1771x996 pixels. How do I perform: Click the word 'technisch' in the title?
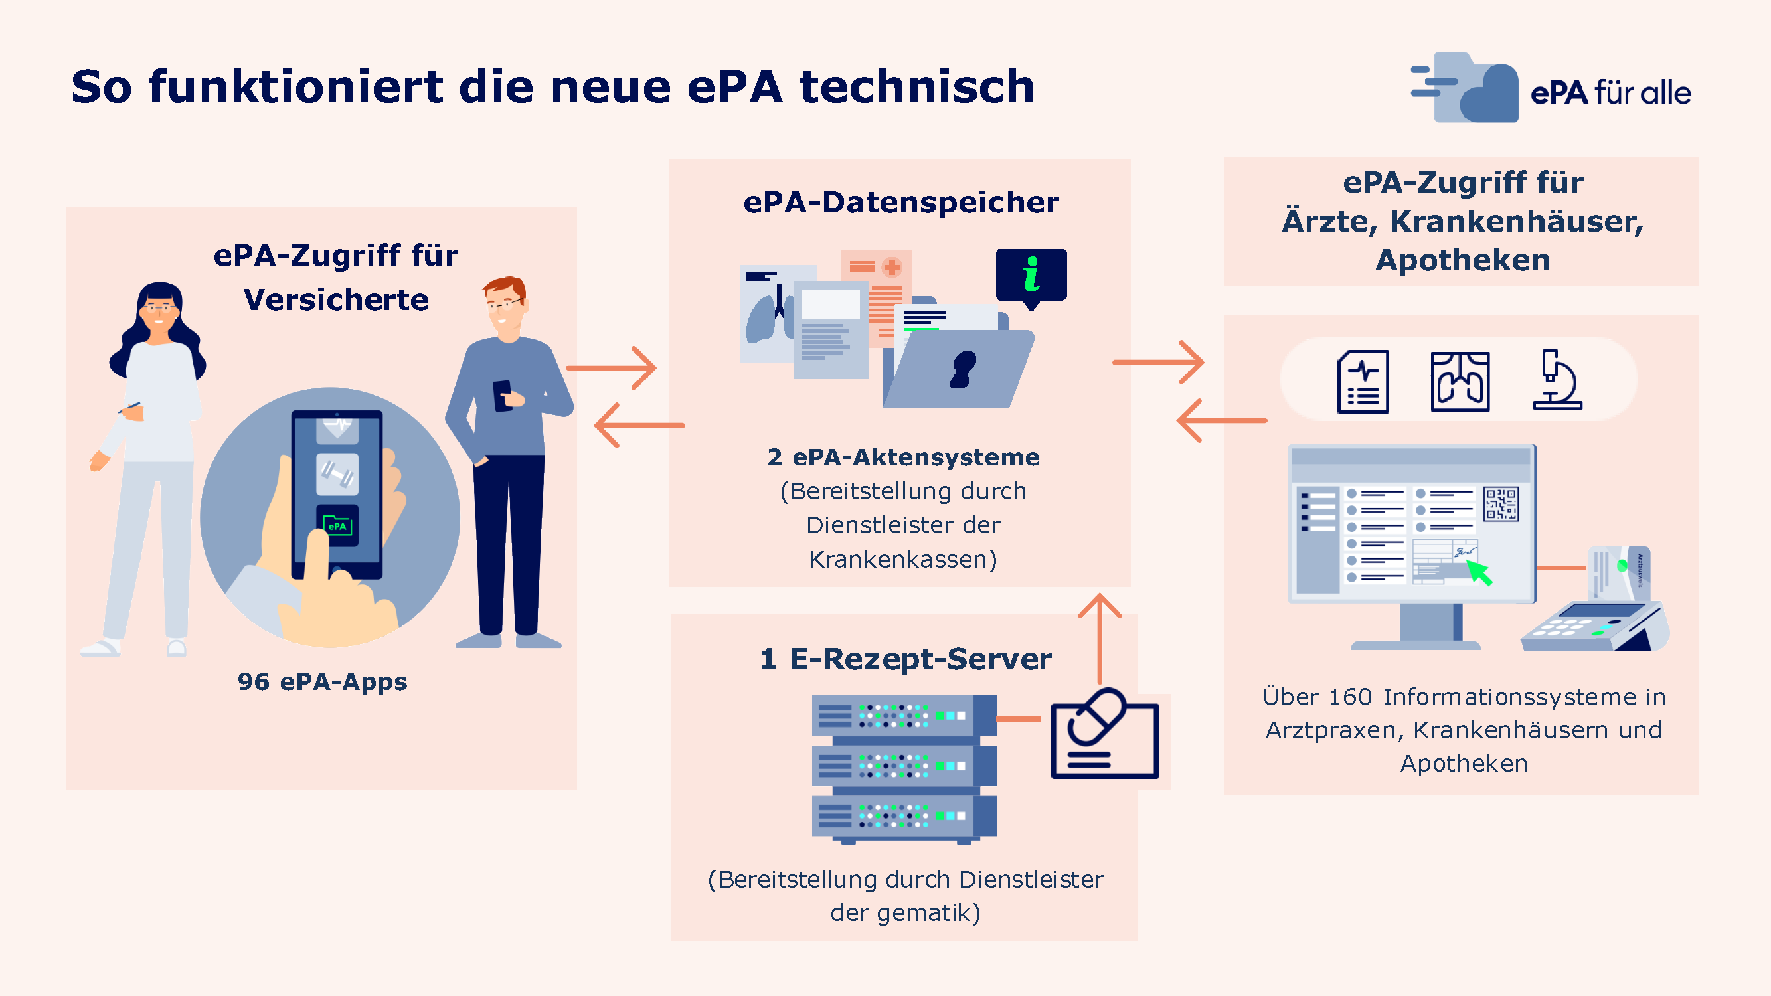point(916,86)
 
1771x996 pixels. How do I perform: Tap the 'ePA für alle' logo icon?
point(1464,87)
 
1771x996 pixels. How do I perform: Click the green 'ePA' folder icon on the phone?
point(337,526)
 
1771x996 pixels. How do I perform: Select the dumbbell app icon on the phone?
point(337,473)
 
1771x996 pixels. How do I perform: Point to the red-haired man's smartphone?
point(503,396)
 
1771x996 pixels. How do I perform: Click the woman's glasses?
point(159,308)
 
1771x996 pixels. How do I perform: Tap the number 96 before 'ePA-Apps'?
point(254,681)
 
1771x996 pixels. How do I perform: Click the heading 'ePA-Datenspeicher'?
point(901,202)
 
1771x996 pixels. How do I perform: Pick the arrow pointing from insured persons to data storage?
point(610,368)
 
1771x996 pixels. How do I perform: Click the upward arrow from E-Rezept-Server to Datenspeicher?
point(1100,637)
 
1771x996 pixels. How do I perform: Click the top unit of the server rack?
point(904,715)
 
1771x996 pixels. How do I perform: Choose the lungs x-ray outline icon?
point(1460,382)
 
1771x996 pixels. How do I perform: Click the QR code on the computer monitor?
point(1501,505)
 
